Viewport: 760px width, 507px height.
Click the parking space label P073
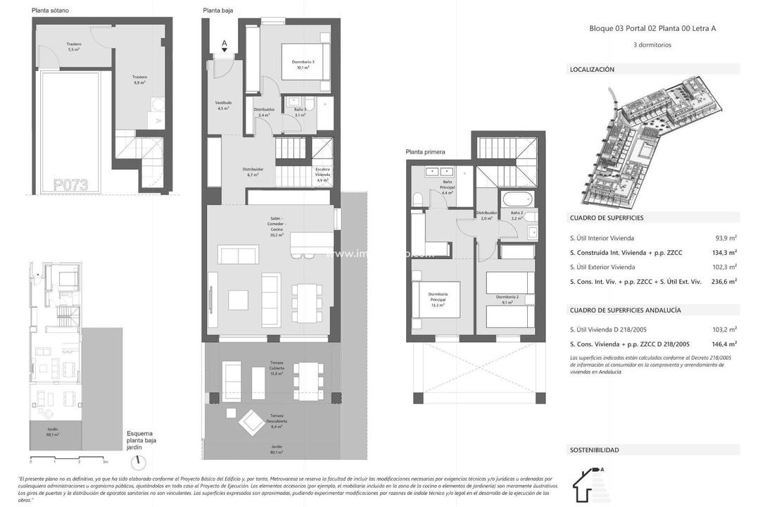coord(70,185)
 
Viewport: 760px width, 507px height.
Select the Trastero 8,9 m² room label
coord(139,80)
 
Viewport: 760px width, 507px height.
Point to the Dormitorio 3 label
coord(303,65)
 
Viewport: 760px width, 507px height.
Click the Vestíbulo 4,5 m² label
coord(223,106)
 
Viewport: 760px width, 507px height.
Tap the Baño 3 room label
coord(299,112)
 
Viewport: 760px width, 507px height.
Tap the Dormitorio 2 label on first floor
coord(507,299)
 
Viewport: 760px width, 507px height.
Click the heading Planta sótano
coord(50,11)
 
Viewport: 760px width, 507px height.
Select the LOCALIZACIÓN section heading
coord(592,70)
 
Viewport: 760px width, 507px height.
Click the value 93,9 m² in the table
coord(723,238)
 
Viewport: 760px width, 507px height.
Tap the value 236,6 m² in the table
coord(722,281)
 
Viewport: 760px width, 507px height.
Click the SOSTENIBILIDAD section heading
coord(594,450)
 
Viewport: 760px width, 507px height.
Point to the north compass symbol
coord(139,462)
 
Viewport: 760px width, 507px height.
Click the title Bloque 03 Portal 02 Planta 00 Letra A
coord(652,29)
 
